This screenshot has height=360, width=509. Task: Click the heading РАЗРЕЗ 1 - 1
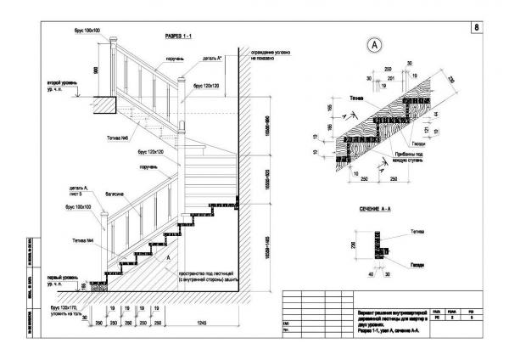[x=180, y=37]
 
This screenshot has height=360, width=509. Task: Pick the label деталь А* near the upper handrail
[x=213, y=59]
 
